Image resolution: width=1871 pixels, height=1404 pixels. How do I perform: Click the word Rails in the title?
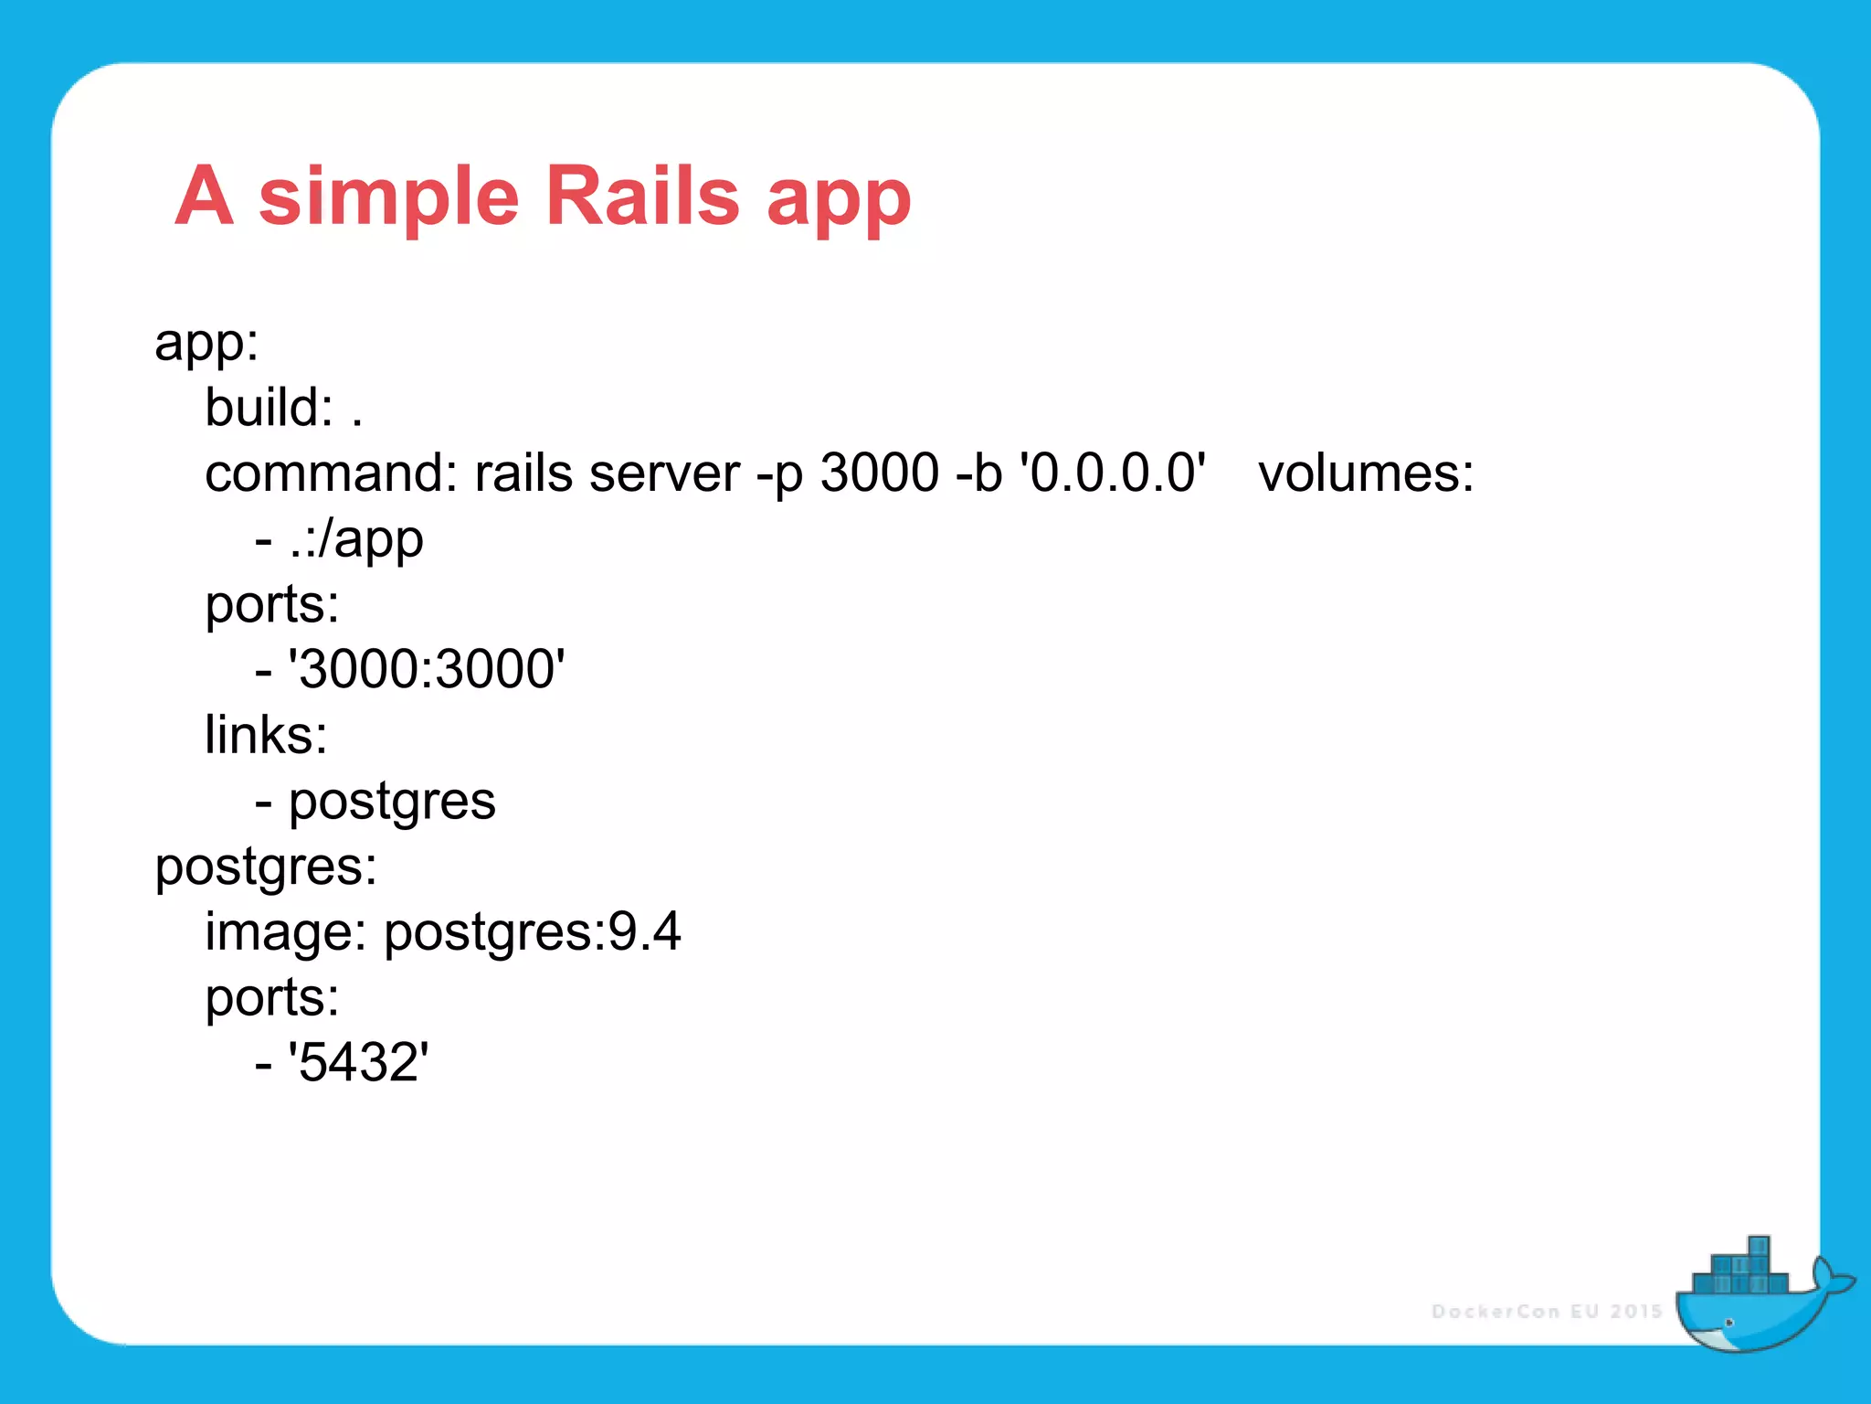(641, 196)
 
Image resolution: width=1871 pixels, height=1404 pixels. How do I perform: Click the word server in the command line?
(664, 473)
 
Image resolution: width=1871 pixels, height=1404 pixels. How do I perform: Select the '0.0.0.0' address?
(1113, 473)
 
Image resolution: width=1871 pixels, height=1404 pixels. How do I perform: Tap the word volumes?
(1365, 473)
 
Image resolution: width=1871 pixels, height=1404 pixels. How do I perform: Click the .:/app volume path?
(356, 539)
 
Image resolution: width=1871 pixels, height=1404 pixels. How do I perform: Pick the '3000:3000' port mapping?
(427, 669)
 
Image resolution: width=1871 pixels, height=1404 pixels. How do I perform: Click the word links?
(266, 735)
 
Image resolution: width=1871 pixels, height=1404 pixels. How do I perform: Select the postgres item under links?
(392, 802)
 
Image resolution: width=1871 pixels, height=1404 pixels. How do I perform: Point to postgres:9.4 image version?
(532, 932)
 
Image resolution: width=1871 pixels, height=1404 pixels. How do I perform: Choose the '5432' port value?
(358, 1062)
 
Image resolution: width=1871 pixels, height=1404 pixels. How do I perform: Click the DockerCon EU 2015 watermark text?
(1546, 1312)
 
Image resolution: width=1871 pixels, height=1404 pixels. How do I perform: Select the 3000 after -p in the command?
(879, 473)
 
